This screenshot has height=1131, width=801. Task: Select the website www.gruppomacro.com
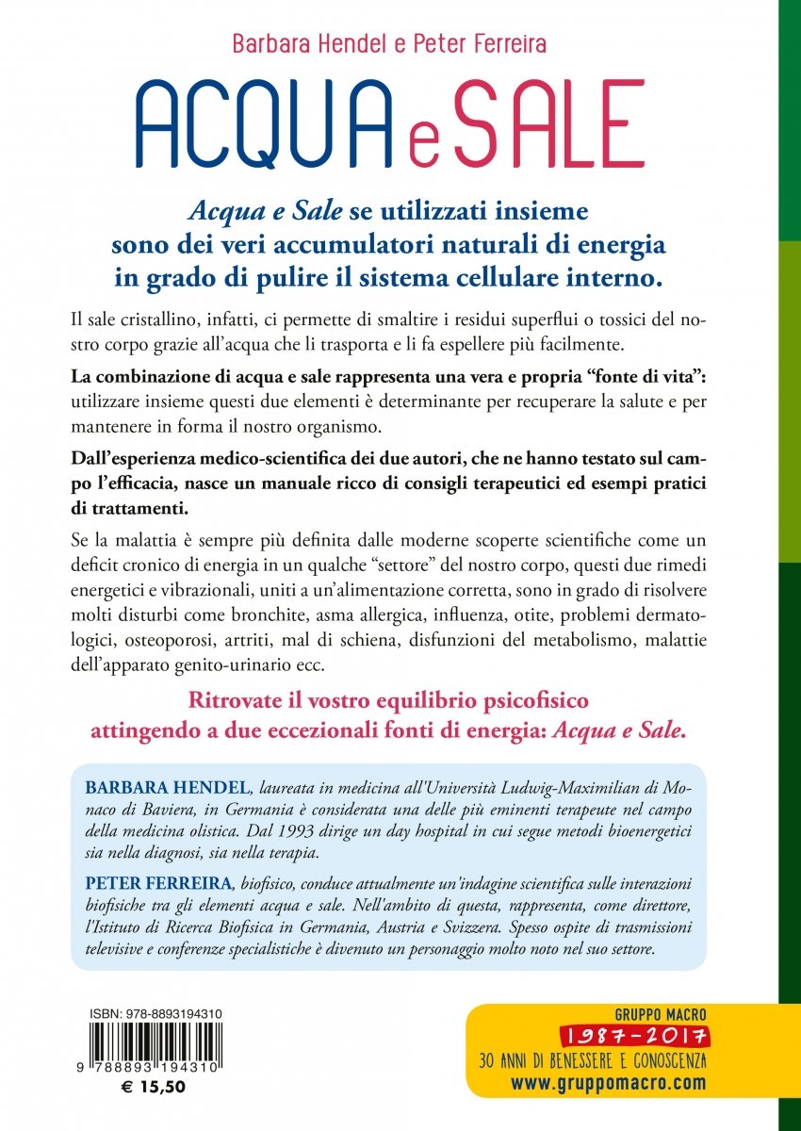click(608, 1082)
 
